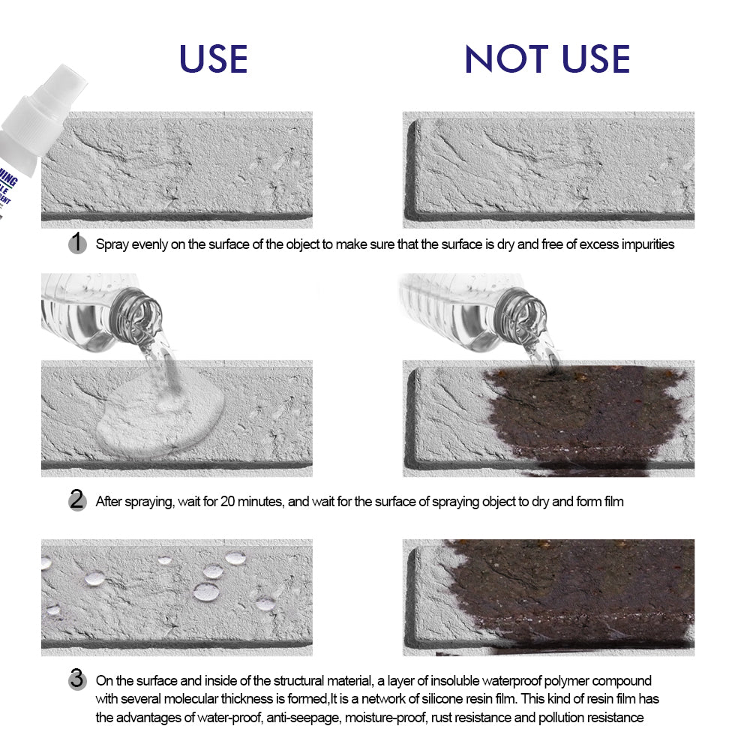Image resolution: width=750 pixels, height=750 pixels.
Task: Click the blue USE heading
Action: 214,59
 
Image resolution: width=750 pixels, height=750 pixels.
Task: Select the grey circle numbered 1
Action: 76,243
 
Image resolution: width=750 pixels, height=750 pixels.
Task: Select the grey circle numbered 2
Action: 76,500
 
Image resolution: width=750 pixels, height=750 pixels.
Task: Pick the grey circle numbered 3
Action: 76,680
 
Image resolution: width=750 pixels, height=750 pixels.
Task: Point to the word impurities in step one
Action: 646,244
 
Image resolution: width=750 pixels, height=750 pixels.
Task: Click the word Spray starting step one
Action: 111,244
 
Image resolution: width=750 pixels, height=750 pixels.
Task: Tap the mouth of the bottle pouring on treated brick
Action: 142,309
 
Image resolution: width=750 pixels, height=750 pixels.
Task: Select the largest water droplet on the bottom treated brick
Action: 206,591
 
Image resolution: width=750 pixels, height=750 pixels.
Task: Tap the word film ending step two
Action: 612,501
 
